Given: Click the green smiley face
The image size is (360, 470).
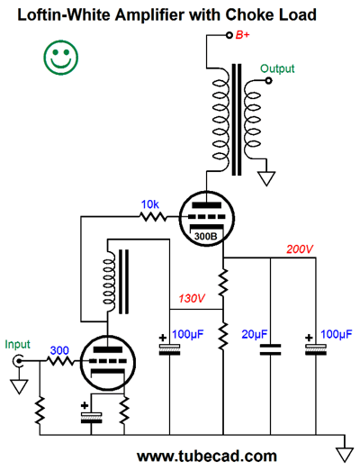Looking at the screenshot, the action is (61, 57).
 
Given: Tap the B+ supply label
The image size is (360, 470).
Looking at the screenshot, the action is (242, 35).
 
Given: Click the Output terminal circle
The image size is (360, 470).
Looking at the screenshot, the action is (269, 80).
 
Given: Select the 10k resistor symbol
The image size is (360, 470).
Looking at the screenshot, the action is (153, 216).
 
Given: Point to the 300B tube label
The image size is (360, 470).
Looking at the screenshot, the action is (205, 237).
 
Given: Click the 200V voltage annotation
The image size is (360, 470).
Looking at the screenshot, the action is (300, 249).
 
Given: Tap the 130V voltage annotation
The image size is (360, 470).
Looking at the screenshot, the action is (192, 298).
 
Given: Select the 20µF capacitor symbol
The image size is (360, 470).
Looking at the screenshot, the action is (270, 349).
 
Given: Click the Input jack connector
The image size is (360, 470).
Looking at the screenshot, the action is (18, 361).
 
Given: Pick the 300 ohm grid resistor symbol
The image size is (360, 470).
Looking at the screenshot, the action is (60, 361).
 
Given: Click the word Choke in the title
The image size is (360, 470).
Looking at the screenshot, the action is (250, 14).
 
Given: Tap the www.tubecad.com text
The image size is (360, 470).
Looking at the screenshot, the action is (207, 456).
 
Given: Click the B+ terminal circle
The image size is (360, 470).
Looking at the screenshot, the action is (229, 35).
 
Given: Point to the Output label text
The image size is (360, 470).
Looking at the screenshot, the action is (277, 68).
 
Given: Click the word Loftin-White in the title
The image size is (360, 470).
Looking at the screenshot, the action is (64, 14).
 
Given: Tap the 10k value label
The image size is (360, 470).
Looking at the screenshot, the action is (149, 204).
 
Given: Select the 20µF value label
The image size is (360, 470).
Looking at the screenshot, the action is (255, 334).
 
